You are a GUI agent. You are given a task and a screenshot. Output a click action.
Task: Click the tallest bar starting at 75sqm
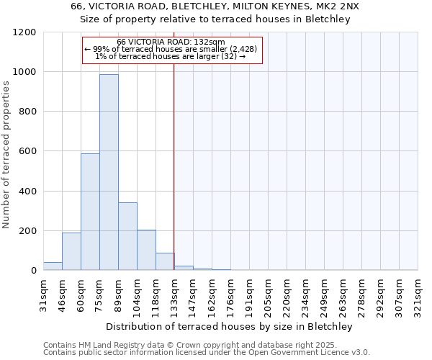[109, 173]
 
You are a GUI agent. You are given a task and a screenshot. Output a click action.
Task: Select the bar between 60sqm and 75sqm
[90, 212]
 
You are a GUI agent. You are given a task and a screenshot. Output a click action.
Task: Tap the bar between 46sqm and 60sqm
[71, 251]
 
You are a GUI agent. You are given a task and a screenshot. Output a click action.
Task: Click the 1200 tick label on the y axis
[24, 32]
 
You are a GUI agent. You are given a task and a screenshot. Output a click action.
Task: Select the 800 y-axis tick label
[27, 112]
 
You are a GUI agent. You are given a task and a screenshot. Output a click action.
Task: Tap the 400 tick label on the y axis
[27, 192]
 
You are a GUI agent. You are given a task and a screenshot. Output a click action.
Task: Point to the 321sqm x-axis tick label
[418, 294]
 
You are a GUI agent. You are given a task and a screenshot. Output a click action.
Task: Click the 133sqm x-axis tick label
[174, 294]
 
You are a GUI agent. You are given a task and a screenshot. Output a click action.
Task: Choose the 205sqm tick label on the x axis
[268, 294]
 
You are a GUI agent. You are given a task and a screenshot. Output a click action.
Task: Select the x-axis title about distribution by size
[230, 326]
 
